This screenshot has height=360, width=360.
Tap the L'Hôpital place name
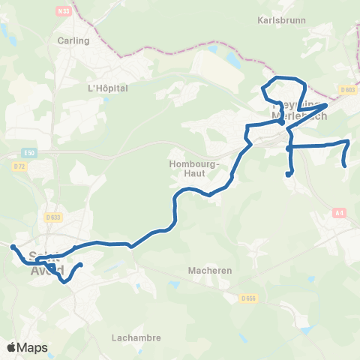pyautogui.click(x=109, y=88)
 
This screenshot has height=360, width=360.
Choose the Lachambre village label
pyautogui.click(x=136, y=337)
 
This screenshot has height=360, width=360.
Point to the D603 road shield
pyautogui.click(x=346, y=90)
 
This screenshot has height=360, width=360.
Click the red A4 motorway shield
pyautogui.click(x=340, y=212)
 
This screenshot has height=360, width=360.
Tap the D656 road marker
pyautogui.click(x=250, y=298)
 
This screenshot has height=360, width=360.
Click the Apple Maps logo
pyautogui.click(x=27, y=347)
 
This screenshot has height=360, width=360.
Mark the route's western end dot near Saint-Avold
pyautogui.click(x=13, y=247)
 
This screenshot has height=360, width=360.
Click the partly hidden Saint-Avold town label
pyautogui.click(x=45, y=262)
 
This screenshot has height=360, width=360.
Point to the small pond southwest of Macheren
pyautogui.click(x=174, y=284)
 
